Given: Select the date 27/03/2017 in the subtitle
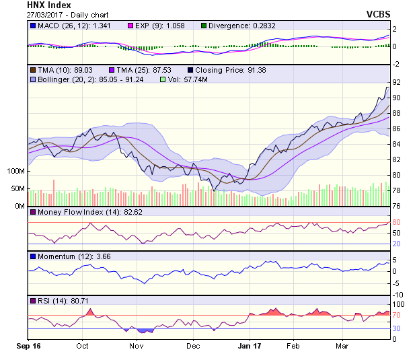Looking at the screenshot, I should [38, 15].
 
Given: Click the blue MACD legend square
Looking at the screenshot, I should [33, 26].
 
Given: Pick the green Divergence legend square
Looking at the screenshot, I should [204, 26].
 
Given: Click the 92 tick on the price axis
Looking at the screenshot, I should [397, 82].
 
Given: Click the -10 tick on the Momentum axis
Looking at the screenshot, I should [397, 295].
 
